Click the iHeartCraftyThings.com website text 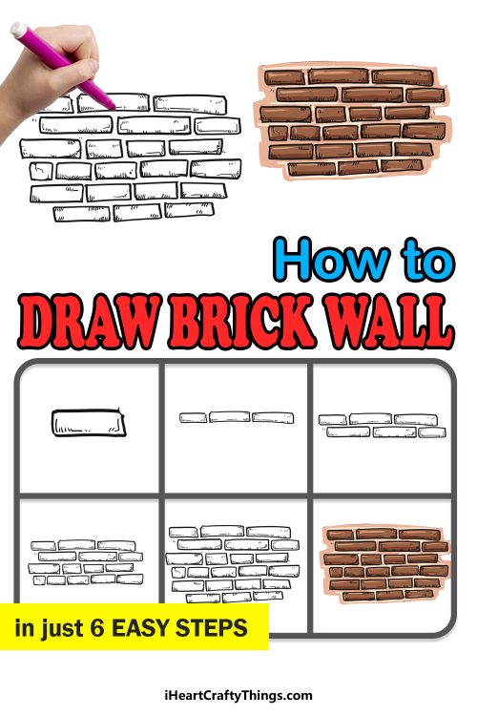238,695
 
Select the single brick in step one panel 89,421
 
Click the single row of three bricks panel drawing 237,417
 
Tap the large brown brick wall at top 353,122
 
